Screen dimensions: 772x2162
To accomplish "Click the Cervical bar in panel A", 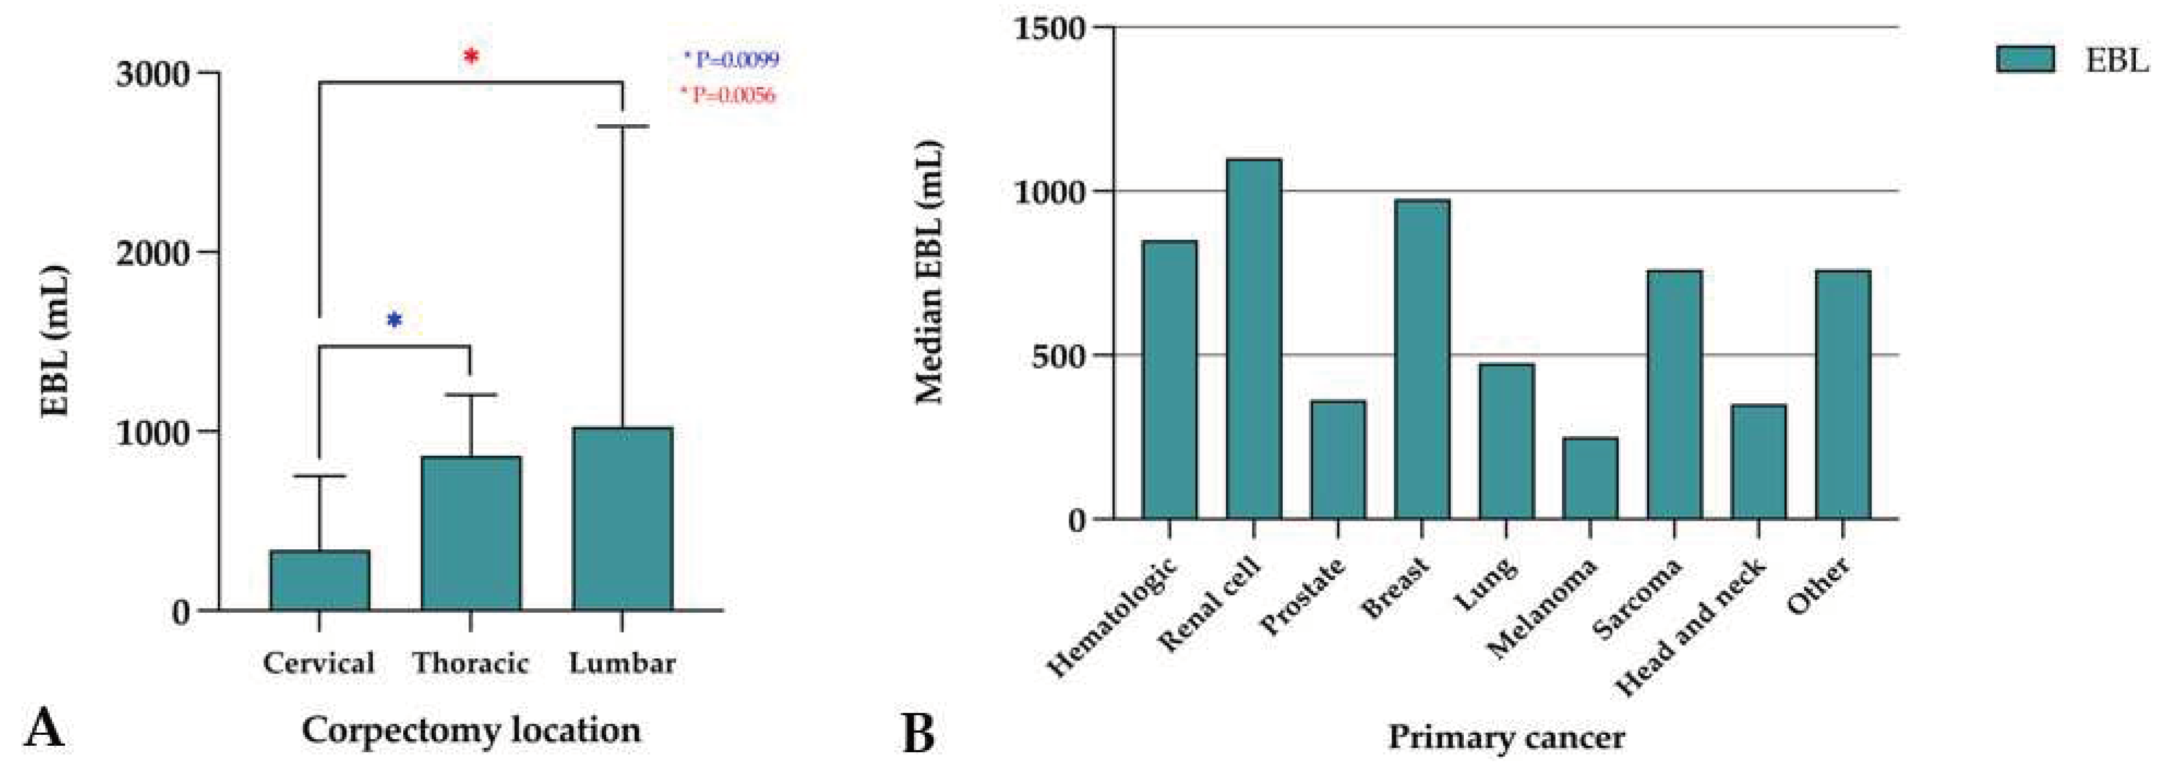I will coord(320,580).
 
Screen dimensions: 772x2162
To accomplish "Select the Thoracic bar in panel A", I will coord(471,533).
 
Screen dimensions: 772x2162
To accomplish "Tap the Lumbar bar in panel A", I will coord(622,519).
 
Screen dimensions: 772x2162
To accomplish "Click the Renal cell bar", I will coord(1254,339).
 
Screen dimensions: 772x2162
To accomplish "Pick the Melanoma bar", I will coord(1591,478).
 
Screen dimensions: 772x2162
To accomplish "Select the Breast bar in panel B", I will coord(1422,359).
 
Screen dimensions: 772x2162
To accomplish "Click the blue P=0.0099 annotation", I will coord(732,60).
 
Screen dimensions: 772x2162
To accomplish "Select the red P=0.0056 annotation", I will coord(728,95).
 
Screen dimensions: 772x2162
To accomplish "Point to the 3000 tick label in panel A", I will coord(153,74).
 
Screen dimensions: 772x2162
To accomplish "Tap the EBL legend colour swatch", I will coord(2025,60).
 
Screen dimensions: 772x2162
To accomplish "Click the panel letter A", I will coord(44,728).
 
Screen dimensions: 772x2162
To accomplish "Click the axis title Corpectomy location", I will coord(471,730).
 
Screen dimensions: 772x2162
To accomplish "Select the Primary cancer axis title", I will coord(1506,738).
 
